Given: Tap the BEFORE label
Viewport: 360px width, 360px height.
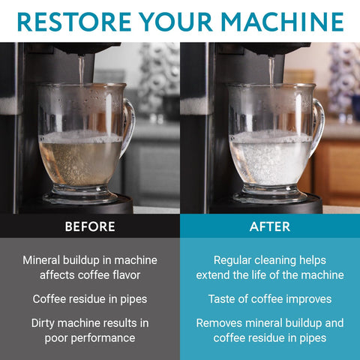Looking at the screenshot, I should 90,226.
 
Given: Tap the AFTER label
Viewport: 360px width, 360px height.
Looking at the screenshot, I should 269,226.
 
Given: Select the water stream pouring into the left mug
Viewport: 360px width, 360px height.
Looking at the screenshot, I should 81,71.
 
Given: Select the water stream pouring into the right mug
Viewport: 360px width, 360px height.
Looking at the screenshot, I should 271,71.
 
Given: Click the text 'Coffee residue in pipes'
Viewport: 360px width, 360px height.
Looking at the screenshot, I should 90,299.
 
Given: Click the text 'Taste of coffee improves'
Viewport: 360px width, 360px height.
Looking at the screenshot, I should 269,299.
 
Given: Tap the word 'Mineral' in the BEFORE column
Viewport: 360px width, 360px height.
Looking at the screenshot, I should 44,260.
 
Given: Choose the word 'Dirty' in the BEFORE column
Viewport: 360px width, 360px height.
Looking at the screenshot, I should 46,323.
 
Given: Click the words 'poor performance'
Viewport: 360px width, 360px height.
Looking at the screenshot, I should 90,338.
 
